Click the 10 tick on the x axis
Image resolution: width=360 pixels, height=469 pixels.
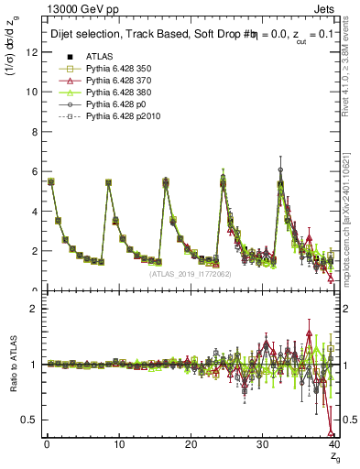point(118,444)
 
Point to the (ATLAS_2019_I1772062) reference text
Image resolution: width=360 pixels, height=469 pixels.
point(190,274)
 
